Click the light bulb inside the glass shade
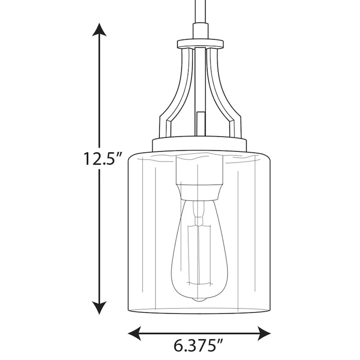[199, 252]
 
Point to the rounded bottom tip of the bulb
[199, 298]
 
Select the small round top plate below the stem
[200, 43]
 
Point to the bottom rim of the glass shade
[199, 311]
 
